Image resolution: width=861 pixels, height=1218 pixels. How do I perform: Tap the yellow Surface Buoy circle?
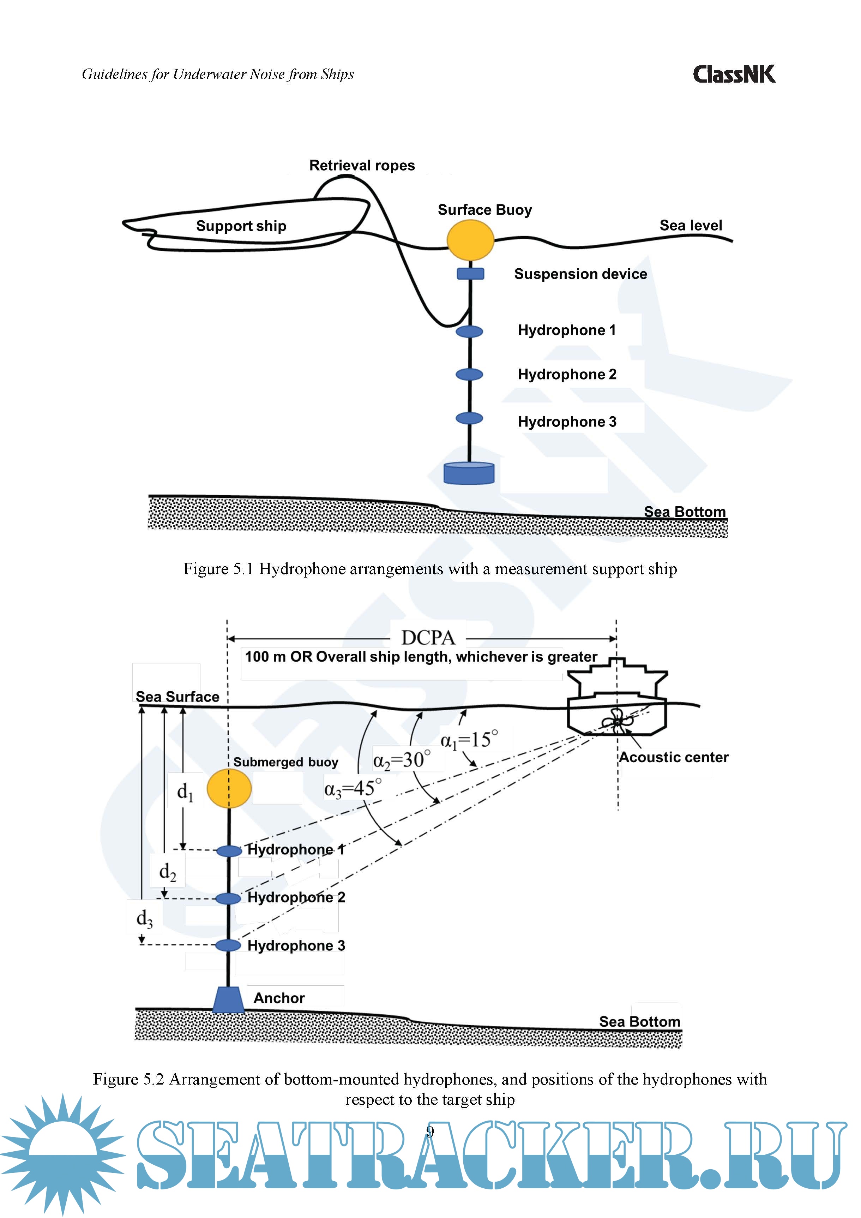tap(470, 240)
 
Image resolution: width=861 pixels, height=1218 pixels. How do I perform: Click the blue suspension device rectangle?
tap(470, 274)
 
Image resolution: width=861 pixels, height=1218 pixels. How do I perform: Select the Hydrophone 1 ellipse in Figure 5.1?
tap(469, 332)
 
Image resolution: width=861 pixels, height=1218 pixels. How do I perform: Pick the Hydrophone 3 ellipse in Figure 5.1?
tap(469, 418)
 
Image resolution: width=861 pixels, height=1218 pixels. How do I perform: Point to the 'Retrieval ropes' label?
tap(362, 166)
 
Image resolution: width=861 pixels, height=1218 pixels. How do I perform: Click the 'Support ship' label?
tap(241, 226)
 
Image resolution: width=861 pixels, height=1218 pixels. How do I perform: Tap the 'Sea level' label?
tap(691, 226)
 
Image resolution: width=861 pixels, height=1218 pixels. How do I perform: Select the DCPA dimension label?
tap(428, 638)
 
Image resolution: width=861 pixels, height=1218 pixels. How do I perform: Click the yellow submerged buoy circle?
tap(229, 789)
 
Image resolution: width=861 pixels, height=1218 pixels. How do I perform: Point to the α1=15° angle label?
tap(469, 740)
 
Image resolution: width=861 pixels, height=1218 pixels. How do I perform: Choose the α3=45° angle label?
tap(353, 789)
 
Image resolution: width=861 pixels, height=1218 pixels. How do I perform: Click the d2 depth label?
tap(168, 872)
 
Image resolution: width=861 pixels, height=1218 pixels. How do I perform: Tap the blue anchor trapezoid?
tap(229, 999)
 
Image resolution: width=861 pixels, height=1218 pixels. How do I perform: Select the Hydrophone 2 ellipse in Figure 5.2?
tap(229, 898)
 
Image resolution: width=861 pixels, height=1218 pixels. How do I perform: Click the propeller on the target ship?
tap(615, 722)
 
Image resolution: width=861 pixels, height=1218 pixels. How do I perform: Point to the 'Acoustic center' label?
tap(674, 758)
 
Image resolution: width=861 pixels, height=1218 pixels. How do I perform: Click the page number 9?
tap(430, 1133)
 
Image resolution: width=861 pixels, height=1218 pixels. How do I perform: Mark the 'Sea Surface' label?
tap(177, 697)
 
